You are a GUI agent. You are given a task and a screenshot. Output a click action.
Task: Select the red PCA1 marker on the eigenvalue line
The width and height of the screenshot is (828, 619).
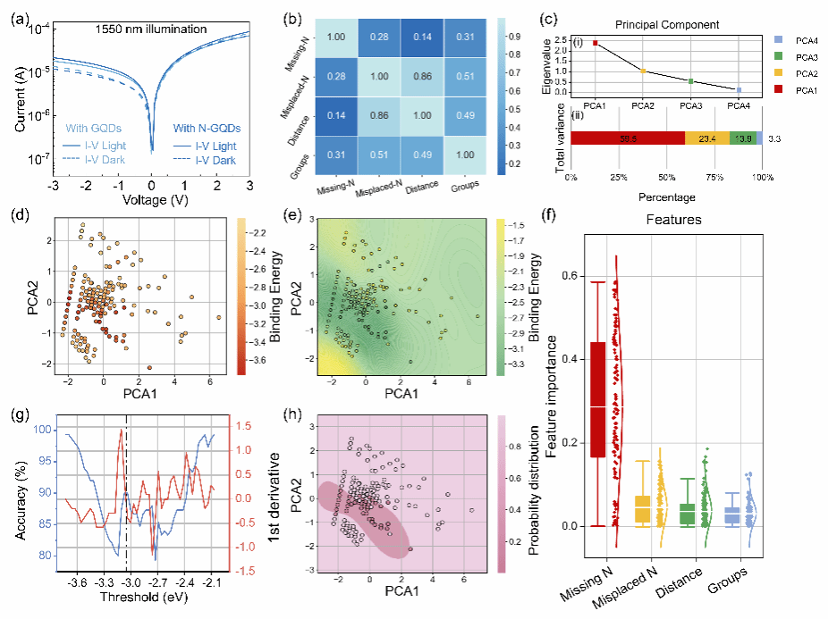pyautogui.click(x=595, y=43)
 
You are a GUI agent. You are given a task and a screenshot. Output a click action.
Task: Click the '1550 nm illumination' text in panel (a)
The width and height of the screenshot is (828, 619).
pyautogui.click(x=150, y=30)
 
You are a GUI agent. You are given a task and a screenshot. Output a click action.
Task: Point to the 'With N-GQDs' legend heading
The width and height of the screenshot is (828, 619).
pyautogui.click(x=207, y=128)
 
